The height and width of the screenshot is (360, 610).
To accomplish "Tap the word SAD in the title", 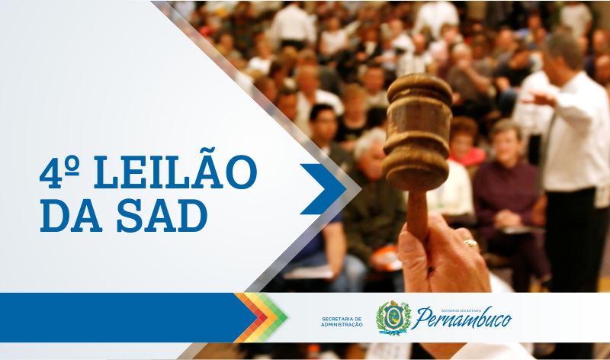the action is (x=162, y=216).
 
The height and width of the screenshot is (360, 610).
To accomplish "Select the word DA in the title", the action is (x=71, y=216).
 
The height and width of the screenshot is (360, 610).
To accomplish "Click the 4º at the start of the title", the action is (x=59, y=172).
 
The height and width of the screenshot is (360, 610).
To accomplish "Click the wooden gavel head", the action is (x=417, y=132).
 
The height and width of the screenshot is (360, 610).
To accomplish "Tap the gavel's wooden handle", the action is (x=417, y=215).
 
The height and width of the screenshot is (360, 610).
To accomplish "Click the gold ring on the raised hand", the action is (x=471, y=244).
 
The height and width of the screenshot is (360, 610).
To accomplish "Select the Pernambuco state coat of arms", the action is (x=393, y=317).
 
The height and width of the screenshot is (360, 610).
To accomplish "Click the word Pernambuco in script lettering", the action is (x=463, y=319).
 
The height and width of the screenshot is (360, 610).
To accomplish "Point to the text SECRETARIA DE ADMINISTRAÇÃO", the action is (x=342, y=322).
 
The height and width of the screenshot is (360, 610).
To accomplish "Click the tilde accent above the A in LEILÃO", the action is (x=207, y=151).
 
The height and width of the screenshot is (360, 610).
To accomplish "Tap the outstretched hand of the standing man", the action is (x=539, y=99).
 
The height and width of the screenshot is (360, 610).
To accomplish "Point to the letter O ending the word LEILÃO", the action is (x=241, y=172).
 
